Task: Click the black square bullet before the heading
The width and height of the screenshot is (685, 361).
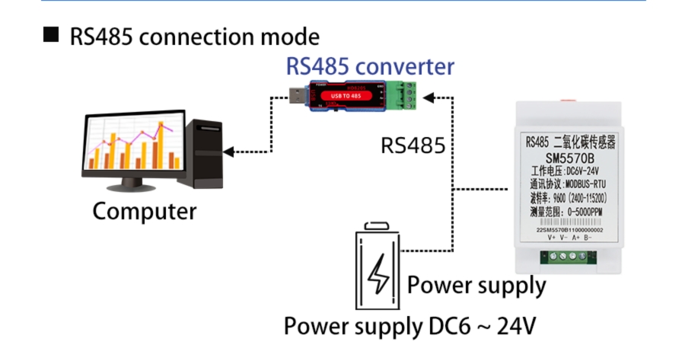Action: coord(51,35)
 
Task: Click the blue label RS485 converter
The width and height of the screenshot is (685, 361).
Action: coord(370,65)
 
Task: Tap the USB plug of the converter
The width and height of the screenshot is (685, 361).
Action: coord(294,97)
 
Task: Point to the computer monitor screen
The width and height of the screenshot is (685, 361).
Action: coord(133,145)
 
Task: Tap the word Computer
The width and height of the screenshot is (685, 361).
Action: coord(144,210)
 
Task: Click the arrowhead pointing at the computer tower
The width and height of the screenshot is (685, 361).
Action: coord(228,152)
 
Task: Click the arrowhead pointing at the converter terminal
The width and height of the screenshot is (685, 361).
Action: coord(429,97)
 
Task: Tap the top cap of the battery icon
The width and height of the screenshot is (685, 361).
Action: coord(378,225)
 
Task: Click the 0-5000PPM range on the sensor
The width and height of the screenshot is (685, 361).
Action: coord(587,211)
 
